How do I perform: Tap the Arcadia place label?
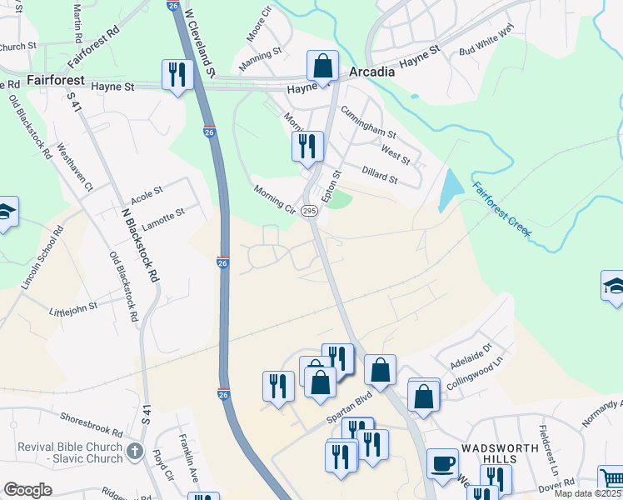point(371,72)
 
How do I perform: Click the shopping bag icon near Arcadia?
point(322,65)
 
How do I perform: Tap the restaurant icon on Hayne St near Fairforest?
point(177,75)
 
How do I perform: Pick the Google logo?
point(27,489)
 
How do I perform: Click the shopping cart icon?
point(611,478)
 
